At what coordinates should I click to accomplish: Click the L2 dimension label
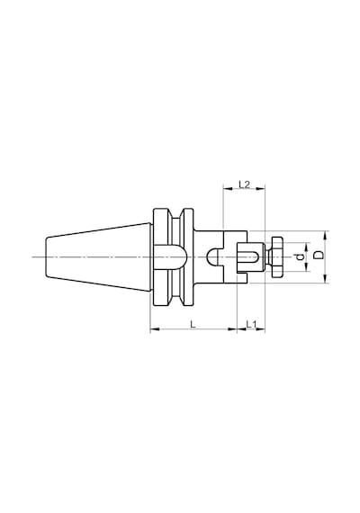[x=244, y=184]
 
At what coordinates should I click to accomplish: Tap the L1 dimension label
[x=251, y=324]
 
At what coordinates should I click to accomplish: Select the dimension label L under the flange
[x=193, y=324]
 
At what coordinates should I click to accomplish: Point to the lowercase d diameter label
[x=299, y=257]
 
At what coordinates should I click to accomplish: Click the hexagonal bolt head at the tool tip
[x=277, y=257]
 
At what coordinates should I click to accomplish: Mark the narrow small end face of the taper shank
[x=46, y=257]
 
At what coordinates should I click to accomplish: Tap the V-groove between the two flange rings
[x=176, y=257]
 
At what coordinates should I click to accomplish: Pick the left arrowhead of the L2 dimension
[x=227, y=189]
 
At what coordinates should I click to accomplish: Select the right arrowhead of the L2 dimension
[x=260, y=189]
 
